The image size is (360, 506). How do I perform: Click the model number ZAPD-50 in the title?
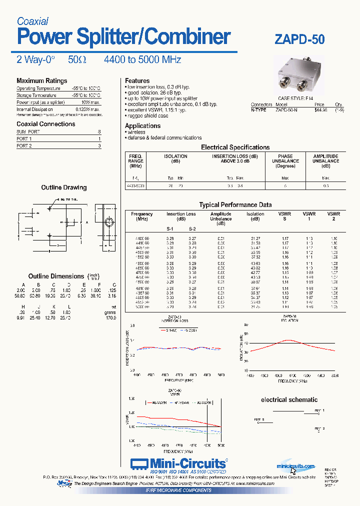click(299, 39)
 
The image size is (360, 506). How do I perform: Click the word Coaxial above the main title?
click(32, 21)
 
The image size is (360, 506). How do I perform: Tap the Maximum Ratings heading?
click(41, 80)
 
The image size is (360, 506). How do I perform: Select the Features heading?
click(137, 80)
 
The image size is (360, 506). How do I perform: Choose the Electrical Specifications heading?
click(235, 147)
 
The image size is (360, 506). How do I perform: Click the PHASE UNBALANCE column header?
click(285, 161)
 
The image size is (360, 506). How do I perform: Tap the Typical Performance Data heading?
click(235, 204)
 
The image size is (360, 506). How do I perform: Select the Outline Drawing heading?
click(63, 187)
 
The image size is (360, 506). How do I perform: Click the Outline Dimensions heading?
click(56, 276)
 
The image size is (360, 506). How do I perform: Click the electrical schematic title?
click(289, 399)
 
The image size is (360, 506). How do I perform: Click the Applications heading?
click(142, 125)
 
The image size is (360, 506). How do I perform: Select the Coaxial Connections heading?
click(45, 123)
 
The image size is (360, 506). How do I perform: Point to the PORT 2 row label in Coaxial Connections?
click(24, 146)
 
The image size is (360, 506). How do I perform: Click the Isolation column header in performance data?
click(255, 216)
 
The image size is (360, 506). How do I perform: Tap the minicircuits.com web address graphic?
click(296, 466)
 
